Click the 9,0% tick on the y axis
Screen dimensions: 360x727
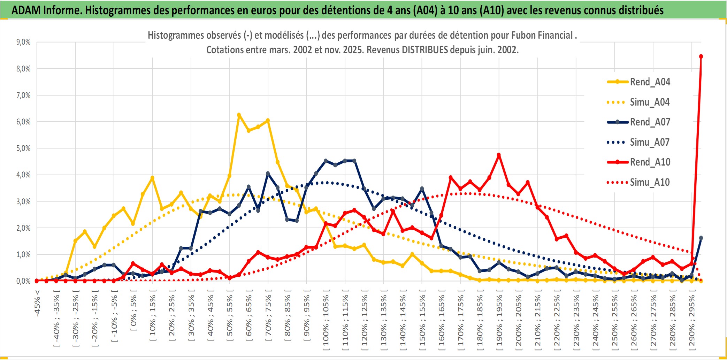click(23, 42)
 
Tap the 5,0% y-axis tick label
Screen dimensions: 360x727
click(23, 148)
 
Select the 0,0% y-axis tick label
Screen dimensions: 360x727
click(23, 281)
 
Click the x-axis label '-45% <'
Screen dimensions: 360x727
click(37, 303)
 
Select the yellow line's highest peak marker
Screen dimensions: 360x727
click(239, 115)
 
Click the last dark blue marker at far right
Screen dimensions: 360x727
click(701, 238)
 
